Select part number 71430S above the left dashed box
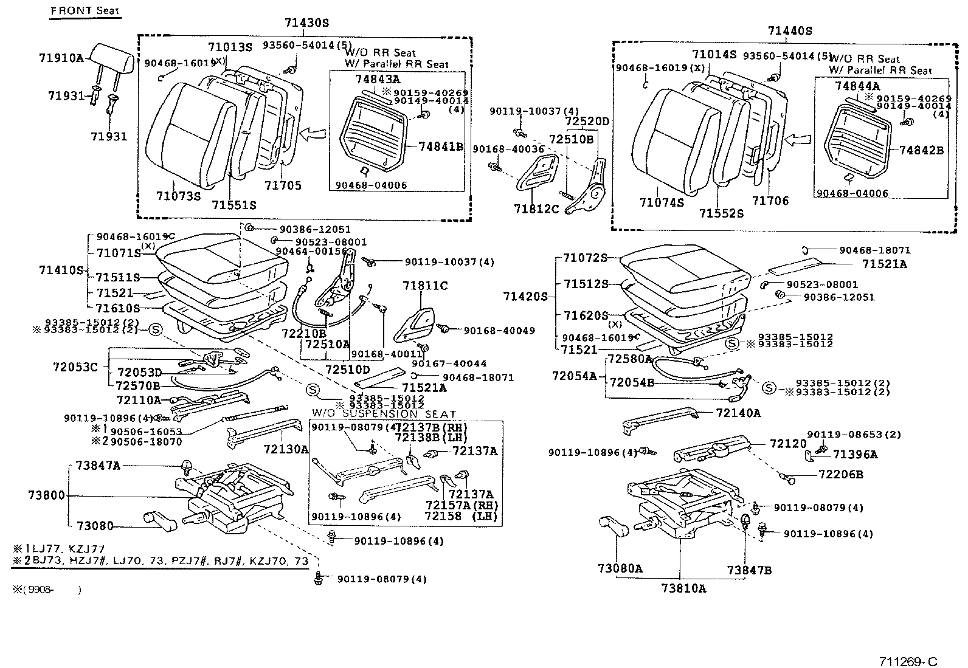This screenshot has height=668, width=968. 306,23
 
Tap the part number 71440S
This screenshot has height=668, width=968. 790,30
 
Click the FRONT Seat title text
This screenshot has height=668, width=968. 85,11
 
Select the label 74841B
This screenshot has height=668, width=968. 441,146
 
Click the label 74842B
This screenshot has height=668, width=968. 921,150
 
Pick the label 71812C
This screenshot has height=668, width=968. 536,208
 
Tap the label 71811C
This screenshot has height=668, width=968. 425,285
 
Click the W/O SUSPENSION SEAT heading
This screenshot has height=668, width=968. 384,414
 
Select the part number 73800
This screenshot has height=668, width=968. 46,495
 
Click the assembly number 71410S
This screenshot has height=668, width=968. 61,269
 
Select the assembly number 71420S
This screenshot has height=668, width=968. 525,297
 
